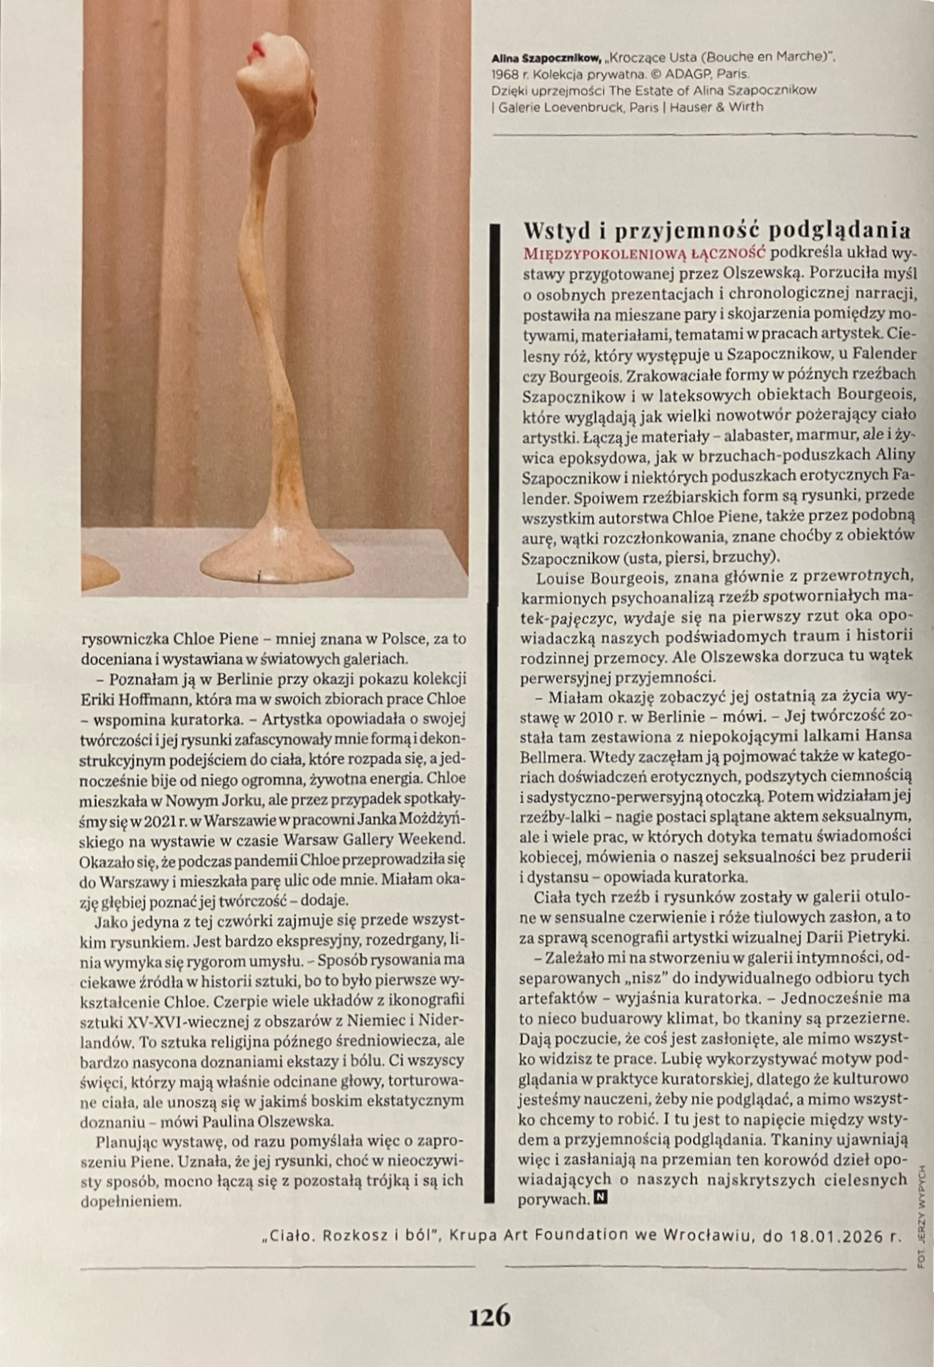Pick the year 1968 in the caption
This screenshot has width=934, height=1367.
(505, 74)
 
